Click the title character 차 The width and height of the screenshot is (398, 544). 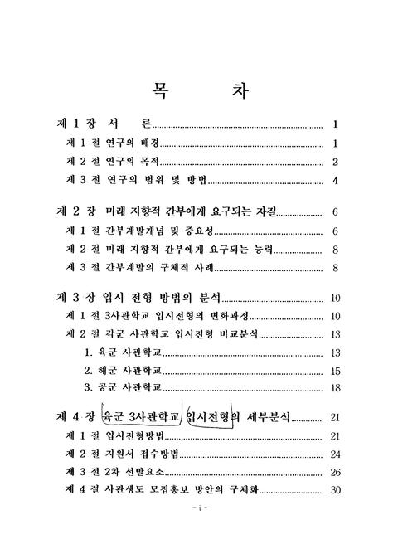[234, 89]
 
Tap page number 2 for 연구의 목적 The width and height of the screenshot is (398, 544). [335, 162]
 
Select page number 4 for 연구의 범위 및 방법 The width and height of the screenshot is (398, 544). [335, 181]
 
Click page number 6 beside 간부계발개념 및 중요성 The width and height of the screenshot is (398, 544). [335, 231]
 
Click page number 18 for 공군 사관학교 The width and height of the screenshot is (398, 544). [335, 387]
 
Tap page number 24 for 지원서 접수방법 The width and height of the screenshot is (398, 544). [335, 454]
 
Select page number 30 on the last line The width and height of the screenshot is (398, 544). [335, 490]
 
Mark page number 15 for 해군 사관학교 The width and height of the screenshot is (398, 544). [335, 371]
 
